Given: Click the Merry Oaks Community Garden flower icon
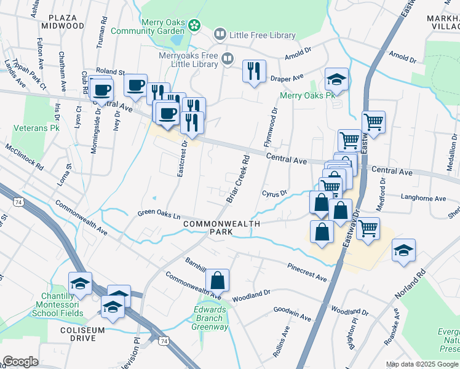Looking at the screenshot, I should coord(194,25).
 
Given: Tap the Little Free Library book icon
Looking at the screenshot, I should coord(220,35).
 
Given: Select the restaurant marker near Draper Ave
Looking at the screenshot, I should coord(254,71).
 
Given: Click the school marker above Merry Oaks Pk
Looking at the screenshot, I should coord(336,79).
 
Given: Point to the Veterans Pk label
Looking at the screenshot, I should coord(36,129).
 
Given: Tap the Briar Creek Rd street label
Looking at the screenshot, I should coord(239,178).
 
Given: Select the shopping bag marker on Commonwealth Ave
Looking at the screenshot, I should coord(217,280).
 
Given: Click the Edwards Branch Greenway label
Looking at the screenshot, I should coord(210,318).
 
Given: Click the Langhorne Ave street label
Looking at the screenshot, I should coord(422,199).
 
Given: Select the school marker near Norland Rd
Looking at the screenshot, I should coord(403,250).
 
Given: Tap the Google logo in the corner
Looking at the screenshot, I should coord(20,361).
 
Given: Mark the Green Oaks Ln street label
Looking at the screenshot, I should coord(159,215).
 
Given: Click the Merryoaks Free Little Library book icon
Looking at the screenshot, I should coord(228,59).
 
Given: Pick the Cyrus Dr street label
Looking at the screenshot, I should coord(275,194).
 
